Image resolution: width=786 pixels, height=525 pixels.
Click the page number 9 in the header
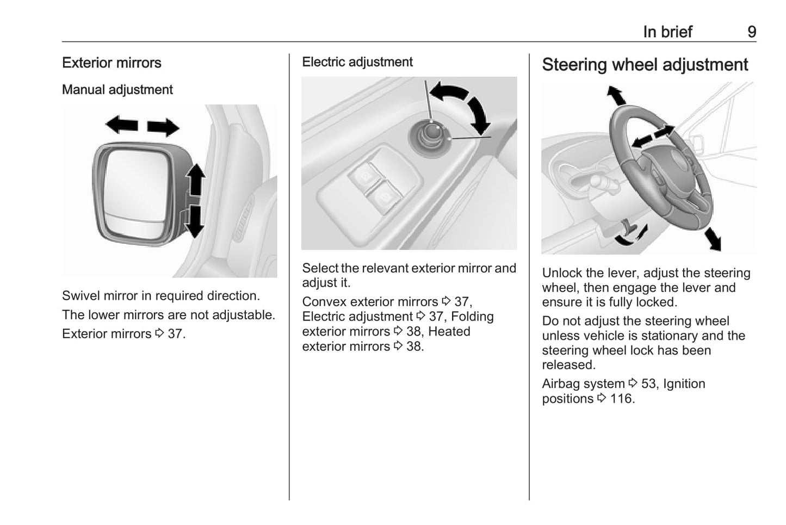(752, 32)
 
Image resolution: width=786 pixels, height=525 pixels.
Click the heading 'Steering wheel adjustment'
(645, 65)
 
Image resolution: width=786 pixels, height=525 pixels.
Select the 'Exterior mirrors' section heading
(112, 63)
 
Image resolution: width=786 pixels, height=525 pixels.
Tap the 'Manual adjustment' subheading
(117, 90)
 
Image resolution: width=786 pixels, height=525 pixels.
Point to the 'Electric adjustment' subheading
(357, 62)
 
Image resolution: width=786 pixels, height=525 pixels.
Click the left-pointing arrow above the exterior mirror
(122, 125)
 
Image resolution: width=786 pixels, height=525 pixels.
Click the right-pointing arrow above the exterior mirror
(163, 127)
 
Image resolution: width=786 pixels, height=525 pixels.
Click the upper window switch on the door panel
(365, 176)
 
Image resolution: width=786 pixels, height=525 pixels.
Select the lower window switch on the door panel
(385, 197)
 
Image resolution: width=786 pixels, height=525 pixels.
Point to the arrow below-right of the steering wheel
(713, 239)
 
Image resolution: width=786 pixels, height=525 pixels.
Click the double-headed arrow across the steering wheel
(653, 137)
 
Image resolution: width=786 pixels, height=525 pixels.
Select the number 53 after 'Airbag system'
(648, 384)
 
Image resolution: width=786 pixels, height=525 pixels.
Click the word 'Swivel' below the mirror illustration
(81, 296)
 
